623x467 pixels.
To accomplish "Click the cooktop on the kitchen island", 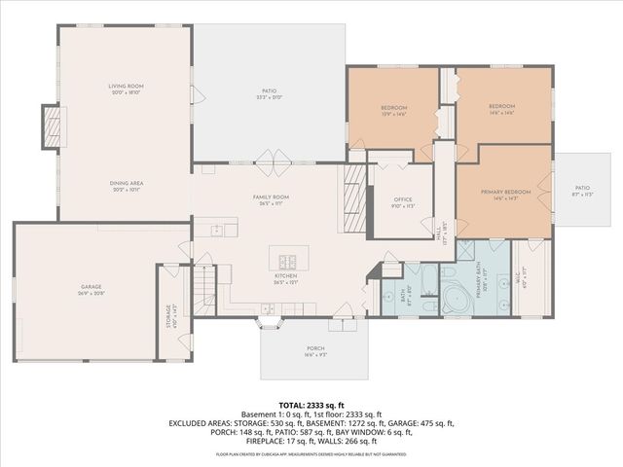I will [289, 260].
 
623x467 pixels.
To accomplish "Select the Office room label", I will [402, 202].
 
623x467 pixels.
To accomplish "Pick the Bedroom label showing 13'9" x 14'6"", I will [393, 110].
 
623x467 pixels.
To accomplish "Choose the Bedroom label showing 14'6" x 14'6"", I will [501, 109].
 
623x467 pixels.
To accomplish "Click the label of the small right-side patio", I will [582, 191].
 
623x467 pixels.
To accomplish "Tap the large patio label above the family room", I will [270, 94].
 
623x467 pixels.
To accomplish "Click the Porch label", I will [315, 353].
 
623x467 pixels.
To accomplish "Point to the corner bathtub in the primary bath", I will [455, 297].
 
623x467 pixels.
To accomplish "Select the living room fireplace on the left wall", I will [53, 126].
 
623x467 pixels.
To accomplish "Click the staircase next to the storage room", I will [202, 290].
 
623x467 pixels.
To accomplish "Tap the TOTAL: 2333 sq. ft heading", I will [311, 405].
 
